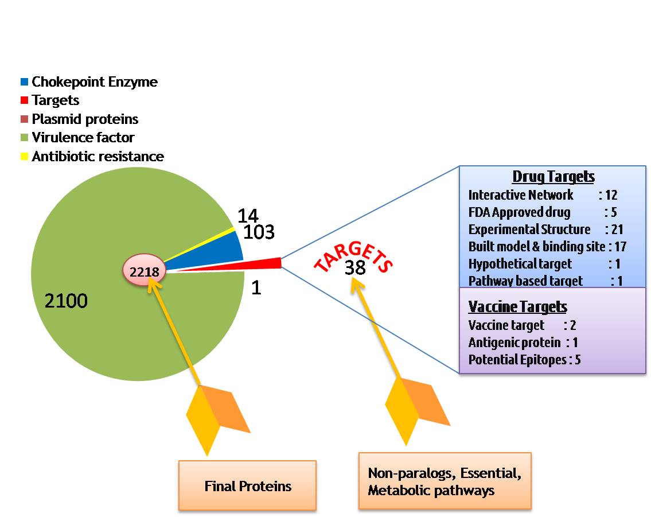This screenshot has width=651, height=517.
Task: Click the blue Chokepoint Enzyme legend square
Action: pyautogui.click(x=24, y=82)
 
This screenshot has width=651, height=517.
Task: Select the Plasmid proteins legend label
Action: pyautogui.click(x=85, y=119)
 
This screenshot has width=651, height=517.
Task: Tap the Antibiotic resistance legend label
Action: pyautogui.click(x=98, y=157)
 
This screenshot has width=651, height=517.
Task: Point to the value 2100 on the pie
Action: pyautogui.click(x=66, y=301)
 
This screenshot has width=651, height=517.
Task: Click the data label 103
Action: pyautogui.click(x=259, y=232)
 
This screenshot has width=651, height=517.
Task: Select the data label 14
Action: pyautogui.click(x=248, y=216)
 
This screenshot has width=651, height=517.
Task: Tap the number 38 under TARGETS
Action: pyautogui.click(x=355, y=268)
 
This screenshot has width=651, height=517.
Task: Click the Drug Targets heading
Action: pyautogui.click(x=553, y=176)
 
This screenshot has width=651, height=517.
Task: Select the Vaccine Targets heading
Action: pyautogui.click(x=517, y=306)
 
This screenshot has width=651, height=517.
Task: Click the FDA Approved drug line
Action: pyautogui.click(x=542, y=212)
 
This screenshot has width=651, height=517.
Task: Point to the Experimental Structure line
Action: pyautogui.click(x=545, y=230)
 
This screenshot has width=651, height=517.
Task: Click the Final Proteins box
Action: pyautogui.click(x=247, y=486)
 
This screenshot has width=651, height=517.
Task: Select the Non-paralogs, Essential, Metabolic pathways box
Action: pyautogui.click(x=445, y=481)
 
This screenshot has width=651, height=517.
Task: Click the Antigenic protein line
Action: pyautogui.click(x=523, y=343)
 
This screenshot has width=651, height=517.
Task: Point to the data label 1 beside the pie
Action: pyautogui.click(x=256, y=287)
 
